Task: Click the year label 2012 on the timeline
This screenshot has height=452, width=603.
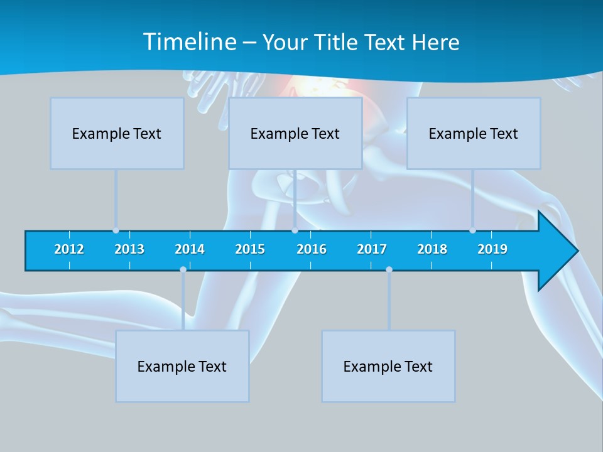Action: [69, 249]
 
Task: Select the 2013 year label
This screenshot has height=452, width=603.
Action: [129, 249]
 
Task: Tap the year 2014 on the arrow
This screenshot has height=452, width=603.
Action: [190, 249]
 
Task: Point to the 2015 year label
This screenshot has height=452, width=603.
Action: [250, 249]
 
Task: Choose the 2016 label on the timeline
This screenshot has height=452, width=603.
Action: [312, 249]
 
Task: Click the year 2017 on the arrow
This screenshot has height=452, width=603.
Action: [372, 249]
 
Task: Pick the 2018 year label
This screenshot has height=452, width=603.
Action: [432, 249]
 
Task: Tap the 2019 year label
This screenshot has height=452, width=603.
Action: [492, 249]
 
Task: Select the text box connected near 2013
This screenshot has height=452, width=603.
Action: [117, 133]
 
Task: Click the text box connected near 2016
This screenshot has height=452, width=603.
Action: [295, 133]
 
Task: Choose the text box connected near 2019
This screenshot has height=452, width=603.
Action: [474, 133]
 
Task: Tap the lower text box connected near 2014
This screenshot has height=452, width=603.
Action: [182, 366]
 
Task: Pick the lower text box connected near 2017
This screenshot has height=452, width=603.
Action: [388, 366]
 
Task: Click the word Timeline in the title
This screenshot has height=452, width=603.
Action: [189, 42]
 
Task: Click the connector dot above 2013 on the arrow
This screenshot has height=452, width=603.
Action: [116, 230]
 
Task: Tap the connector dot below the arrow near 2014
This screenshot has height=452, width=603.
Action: [183, 270]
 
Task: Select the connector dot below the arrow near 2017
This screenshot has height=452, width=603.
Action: [389, 270]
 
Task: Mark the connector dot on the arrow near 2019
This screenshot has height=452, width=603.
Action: [472, 230]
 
